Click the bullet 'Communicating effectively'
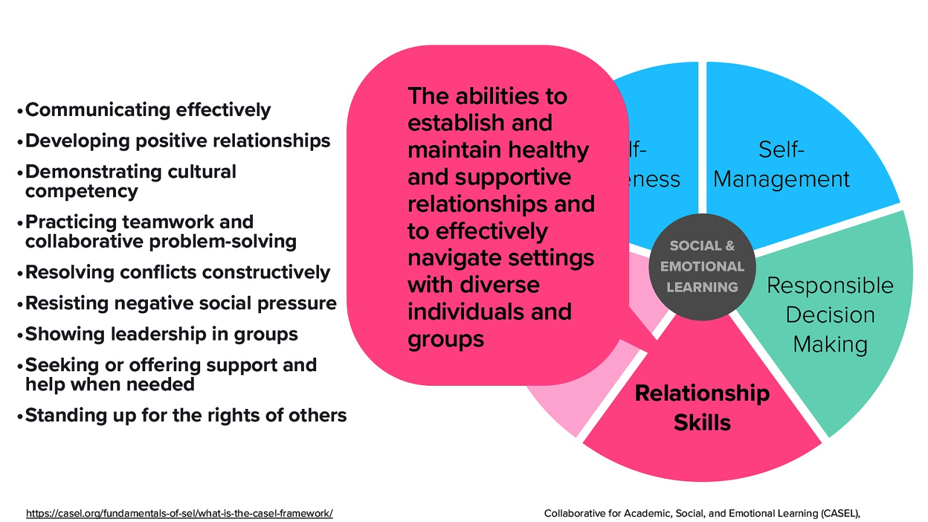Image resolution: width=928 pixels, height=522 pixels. tap(148, 110)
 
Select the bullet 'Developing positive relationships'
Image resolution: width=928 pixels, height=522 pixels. tap(177, 140)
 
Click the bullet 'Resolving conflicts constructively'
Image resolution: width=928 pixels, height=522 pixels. tap(177, 272)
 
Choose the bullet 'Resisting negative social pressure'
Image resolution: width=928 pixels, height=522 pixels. tap(180, 303)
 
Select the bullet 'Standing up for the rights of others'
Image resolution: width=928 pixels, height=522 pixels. tap(186, 415)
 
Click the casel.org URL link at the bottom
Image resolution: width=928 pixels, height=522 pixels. tap(179, 513)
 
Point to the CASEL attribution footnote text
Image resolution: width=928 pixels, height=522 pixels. tap(702, 513)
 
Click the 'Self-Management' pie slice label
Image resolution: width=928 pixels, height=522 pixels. tap(781, 165)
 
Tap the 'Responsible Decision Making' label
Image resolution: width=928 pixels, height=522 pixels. tap(830, 315)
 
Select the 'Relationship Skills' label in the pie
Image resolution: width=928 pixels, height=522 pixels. tap(702, 408)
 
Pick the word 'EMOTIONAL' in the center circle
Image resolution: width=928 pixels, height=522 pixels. tap(702, 267)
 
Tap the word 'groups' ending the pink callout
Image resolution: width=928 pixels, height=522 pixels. tap(445, 339)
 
